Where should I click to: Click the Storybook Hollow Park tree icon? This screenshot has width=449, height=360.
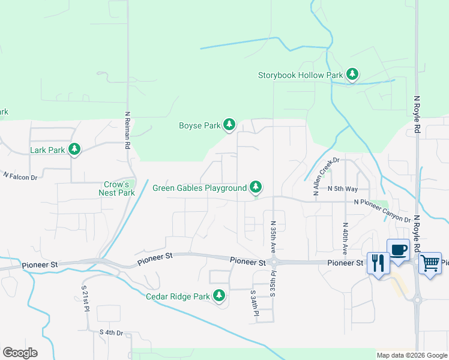click(x=352, y=75)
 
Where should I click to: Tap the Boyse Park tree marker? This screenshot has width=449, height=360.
click(x=229, y=125)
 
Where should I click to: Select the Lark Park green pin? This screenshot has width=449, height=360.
click(x=74, y=149)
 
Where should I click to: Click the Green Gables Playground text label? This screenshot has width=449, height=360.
click(x=199, y=188)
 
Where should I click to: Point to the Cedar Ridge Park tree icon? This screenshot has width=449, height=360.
click(x=220, y=296)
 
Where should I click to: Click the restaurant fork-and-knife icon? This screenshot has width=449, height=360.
click(x=378, y=263)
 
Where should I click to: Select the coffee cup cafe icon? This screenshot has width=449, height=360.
click(x=398, y=249)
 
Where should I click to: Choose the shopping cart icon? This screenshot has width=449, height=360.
click(x=430, y=263)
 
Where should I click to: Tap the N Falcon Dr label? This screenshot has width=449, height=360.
click(x=20, y=176)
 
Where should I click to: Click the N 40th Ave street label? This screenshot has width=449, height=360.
click(x=345, y=235)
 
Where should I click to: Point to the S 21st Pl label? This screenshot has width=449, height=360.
click(x=85, y=299)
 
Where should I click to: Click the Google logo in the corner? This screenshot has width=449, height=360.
click(x=20, y=353)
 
